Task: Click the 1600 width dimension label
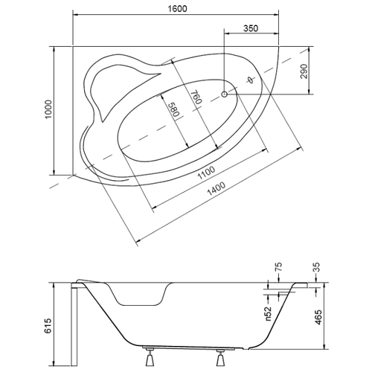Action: pos(177,9)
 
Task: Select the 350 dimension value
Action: pos(251,28)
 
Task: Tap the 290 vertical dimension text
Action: pos(304,71)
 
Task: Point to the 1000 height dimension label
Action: pos(48,109)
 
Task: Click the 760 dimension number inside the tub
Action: pos(196,97)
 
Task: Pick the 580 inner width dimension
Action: pos(173,110)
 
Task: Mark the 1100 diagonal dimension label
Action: pos(206,173)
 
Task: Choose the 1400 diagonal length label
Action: pos(217,189)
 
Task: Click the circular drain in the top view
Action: pos(225,94)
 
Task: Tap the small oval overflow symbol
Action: pos(251,80)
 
